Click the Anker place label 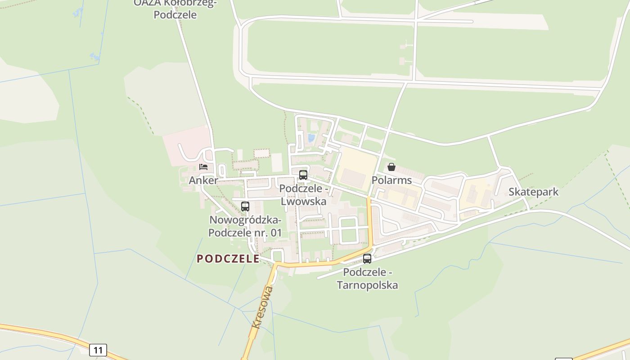click(203, 180)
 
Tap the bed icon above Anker click(203, 167)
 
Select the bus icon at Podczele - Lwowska click(303, 175)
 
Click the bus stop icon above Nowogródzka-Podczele click(245, 207)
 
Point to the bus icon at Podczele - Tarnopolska click(367, 259)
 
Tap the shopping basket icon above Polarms click(391, 167)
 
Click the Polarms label click(391, 180)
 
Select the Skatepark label click(533, 192)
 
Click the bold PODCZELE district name click(228, 259)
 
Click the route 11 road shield click(98, 350)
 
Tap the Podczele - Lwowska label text click(303, 194)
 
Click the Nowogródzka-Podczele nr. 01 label click(245, 226)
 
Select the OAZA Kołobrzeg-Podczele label click(175, 9)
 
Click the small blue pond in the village click(311, 138)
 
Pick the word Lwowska click(303, 201)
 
